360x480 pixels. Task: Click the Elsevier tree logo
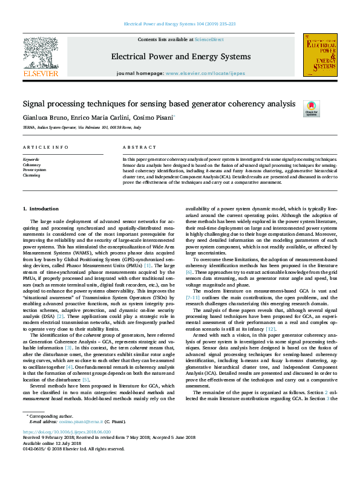pos(40,51)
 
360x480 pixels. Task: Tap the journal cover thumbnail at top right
pos(320,54)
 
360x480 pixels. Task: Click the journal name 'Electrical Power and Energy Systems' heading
pos(180,57)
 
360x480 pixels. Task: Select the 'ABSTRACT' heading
pos(136,148)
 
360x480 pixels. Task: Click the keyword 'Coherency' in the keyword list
pos(31,164)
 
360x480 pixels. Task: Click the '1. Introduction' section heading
pos(41,209)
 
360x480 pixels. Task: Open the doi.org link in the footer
pos(67,432)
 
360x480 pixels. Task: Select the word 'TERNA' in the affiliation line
pos(29,128)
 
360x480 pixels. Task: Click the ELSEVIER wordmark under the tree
pos(40,73)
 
